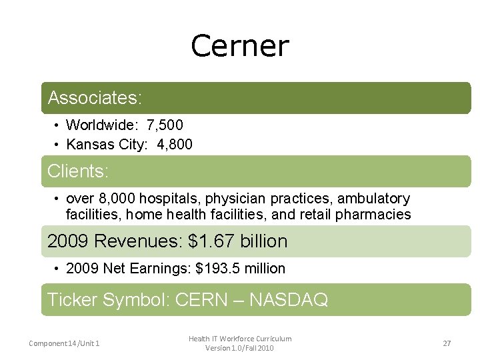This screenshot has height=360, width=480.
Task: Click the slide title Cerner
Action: (240, 46)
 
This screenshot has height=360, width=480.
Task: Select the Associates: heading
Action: (95, 98)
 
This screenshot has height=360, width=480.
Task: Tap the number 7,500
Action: (165, 125)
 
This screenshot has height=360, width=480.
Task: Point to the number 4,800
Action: (175, 144)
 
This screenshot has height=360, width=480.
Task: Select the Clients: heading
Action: (78, 171)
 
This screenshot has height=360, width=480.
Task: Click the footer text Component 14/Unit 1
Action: (64, 343)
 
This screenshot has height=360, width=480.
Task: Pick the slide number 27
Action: (447, 343)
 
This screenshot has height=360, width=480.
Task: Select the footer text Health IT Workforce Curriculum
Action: (240, 339)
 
